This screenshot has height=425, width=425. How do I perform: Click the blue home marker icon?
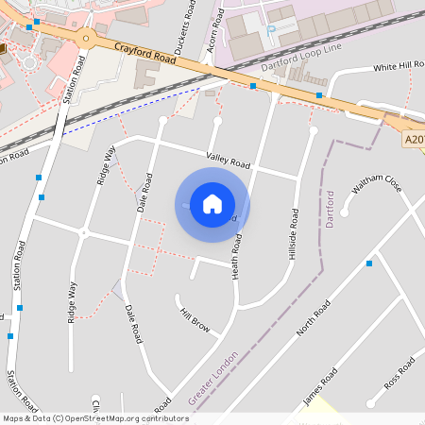click(212, 204)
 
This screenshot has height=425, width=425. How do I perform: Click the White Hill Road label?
click(399, 67)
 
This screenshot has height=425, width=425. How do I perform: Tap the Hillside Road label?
click(295, 233)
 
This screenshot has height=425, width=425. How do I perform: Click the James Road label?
click(319, 388)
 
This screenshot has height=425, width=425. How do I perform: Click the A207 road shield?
click(414, 140)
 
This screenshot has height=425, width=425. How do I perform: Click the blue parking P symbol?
click(271, 29)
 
